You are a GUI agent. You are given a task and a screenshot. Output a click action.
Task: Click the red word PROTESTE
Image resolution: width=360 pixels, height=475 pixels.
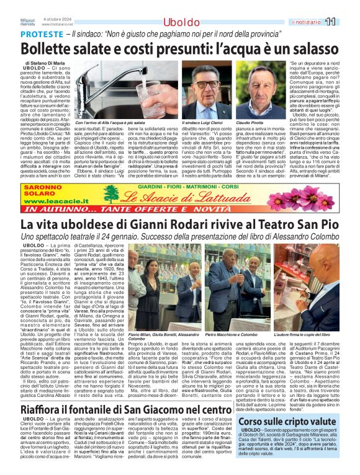[x=40, y=35]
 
